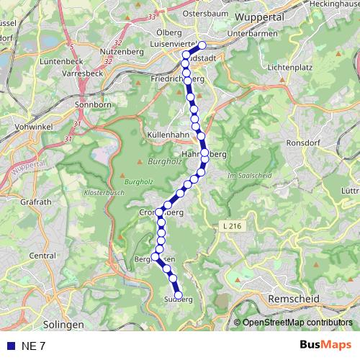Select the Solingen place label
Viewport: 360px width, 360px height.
pos(63,325)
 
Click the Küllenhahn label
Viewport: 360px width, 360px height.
pos(166,135)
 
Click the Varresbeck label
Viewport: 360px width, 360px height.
pos(86,73)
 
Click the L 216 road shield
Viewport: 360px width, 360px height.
pos(231,226)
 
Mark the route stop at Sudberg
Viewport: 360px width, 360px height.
pos(179,294)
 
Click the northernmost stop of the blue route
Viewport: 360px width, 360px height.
pos(202,45)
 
